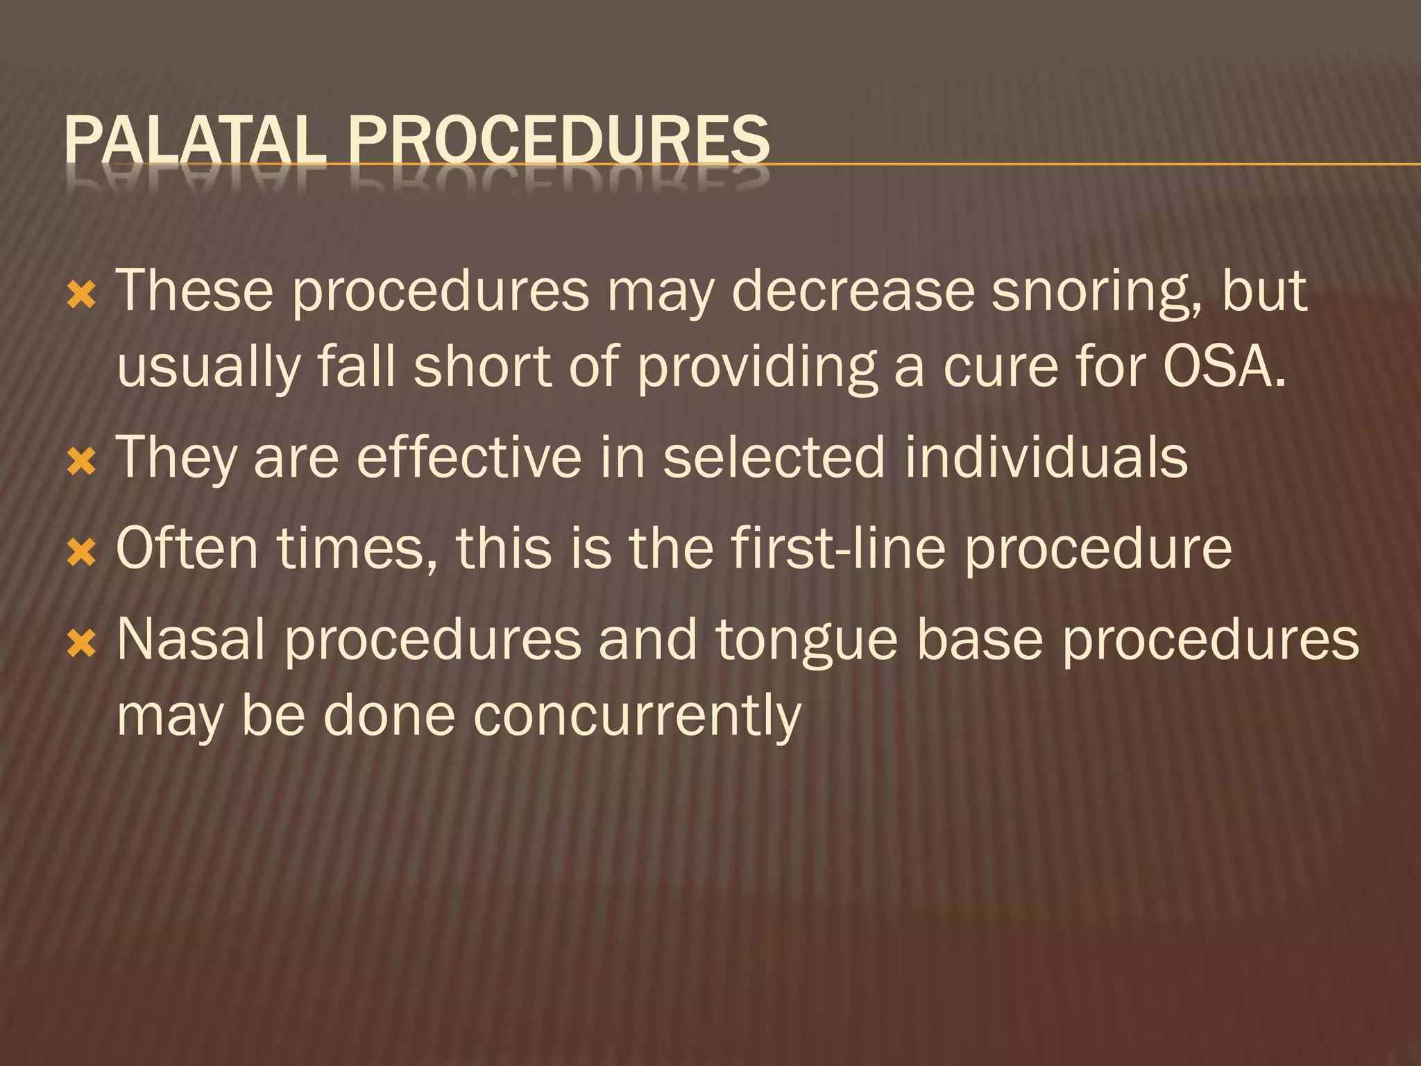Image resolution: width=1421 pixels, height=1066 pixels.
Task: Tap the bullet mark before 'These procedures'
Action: (x=81, y=296)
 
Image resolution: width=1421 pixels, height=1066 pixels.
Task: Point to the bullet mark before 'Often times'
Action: (x=81, y=553)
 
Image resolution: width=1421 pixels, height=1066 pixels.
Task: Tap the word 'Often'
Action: (x=187, y=548)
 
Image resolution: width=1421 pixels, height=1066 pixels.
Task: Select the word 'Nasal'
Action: (x=191, y=639)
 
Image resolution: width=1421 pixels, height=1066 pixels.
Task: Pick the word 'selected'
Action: (x=774, y=458)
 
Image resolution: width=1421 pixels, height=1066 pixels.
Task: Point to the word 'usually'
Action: (x=208, y=368)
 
